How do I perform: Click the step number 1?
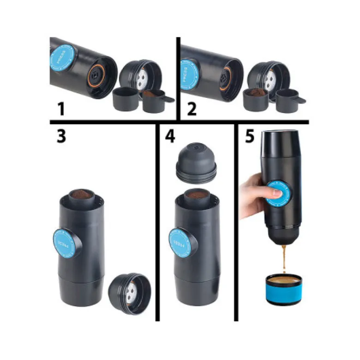tap(61, 109)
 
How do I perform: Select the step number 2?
tap(192, 109)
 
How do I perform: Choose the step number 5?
tap(250, 136)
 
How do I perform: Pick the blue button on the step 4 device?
tap(180, 243)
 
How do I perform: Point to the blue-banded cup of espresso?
tap(284, 289)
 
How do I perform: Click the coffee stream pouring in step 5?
tap(284, 259)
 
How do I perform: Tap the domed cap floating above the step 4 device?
tap(196, 163)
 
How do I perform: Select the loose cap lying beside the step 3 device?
tap(130, 293)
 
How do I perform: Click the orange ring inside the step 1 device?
tap(97, 76)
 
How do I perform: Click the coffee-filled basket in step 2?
tap(256, 100)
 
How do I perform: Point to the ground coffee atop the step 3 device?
tap(82, 194)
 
